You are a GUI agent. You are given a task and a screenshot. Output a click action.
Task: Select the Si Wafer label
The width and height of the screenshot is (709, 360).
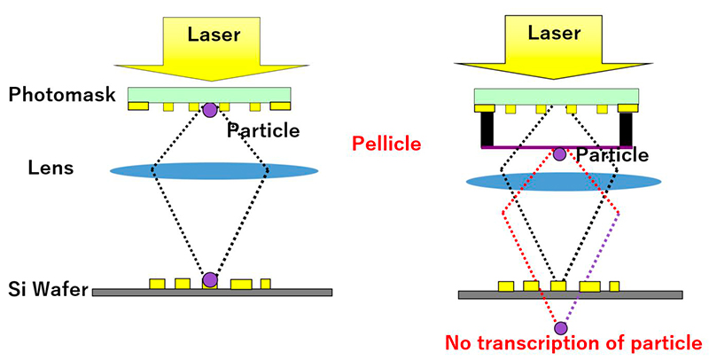[x=45, y=289]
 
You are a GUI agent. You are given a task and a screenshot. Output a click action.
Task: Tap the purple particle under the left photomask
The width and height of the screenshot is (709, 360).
[x=209, y=111]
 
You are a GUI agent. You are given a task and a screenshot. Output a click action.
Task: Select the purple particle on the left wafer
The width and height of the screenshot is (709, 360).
[x=209, y=280]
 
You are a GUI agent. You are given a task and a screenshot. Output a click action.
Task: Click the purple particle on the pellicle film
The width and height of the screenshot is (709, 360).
[x=559, y=154]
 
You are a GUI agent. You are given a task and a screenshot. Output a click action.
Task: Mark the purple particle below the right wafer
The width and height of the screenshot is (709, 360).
[x=560, y=328]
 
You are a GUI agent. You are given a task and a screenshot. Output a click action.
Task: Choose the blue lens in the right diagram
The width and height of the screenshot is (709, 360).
[x=564, y=181]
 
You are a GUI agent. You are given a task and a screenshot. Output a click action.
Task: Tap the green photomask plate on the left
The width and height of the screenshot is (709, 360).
[x=209, y=94]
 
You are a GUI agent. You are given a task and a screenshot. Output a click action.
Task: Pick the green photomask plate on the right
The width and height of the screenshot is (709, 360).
[x=557, y=96]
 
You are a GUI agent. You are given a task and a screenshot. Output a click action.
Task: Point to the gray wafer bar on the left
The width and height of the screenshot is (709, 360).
[x=213, y=292]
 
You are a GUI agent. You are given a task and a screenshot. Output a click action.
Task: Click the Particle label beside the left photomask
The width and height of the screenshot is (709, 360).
[x=263, y=131]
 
